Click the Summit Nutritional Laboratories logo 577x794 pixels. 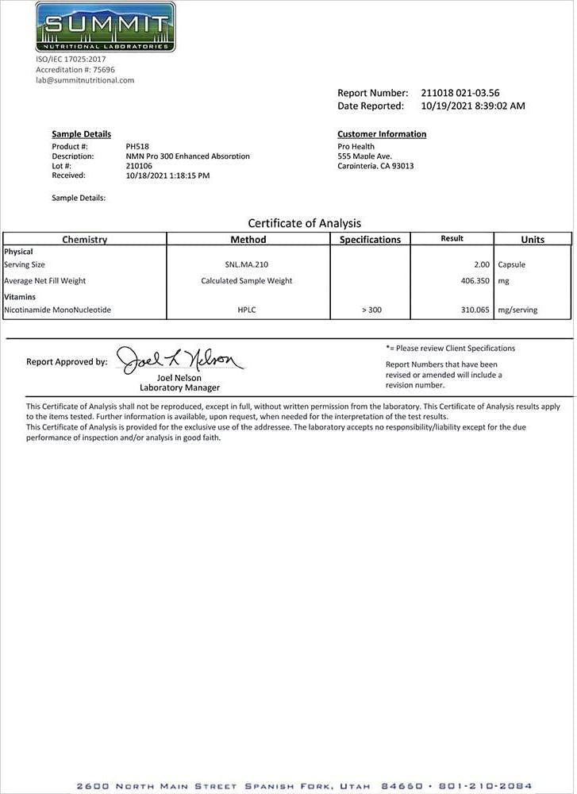pyautogui.click(x=106, y=26)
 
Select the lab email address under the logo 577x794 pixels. pyautogui.click(x=85, y=80)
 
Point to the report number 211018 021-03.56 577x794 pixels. pyautogui.click(x=460, y=93)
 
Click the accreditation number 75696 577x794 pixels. pyautogui.click(x=102, y=70)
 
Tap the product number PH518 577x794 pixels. pyautogui.click(x=137, y=147)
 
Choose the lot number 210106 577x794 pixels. pyautogui.click(x=139, y=166)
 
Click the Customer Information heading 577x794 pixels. pyautogui.click(x=382, y=134)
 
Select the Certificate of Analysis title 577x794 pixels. pyautogui.click(x=304, y=223)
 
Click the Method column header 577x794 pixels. pyautogui.click(x=248, y=239)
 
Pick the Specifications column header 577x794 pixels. pyautogui.click(x=370, y=239)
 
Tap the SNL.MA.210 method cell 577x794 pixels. pyautogui.click(x=247, y=264)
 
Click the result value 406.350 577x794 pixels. pyautogui.click(x=475, y=280)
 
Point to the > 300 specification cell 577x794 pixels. pyautogui.click(x=371, y=310)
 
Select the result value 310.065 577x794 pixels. pyautogui.click(x=475, y=310)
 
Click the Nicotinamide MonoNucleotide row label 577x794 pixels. pyautogui.click(x=57, y=310)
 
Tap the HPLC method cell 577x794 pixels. pyautogui.click(x=247, y=310)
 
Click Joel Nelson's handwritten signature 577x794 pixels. pyautogui.click(x=180, y=360)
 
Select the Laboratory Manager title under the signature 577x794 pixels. pyautogui.click(x=179, y=387)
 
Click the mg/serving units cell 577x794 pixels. pyautogui.click(x=517, y=310)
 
